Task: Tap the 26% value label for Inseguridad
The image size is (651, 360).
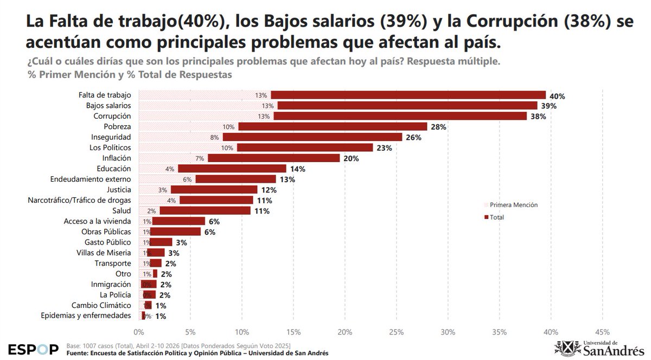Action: (x=413, y=137)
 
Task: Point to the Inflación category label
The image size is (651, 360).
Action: (x=117, y=158)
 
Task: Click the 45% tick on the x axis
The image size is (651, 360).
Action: (x=602, y=332)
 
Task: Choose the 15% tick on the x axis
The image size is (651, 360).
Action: (x=293, y=332)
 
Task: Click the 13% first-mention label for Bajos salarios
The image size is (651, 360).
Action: (x=267, y=106)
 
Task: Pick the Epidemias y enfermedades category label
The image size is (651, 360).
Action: (x=86, y=316)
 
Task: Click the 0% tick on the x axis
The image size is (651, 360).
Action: (x=139, y=332)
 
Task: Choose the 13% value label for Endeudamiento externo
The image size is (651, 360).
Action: (x=287, y=179)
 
